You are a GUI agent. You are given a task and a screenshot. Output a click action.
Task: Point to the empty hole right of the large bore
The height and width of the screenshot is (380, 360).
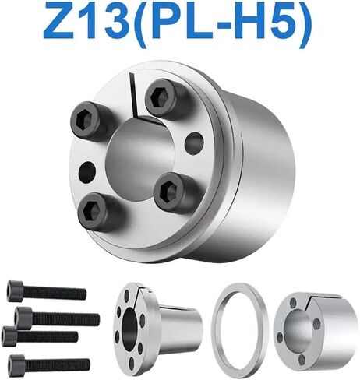point(194,142)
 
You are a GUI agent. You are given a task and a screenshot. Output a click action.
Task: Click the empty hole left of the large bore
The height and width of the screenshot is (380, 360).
point(87,171)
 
